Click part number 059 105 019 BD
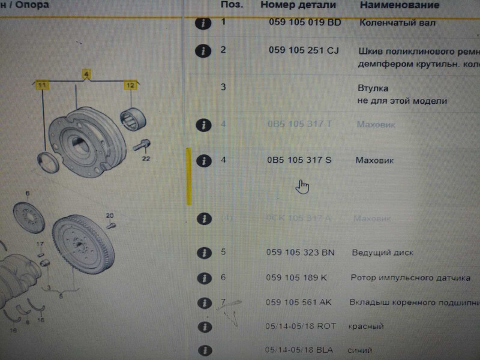[304, 23]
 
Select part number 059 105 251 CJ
[304, 50]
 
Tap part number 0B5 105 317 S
[299, 160]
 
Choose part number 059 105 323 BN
[300, 253]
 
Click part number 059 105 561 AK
[298, 302]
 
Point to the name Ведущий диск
[382, 253]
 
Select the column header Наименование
[400, 5]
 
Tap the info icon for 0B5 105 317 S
[205, 161]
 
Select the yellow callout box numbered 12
[130, 86]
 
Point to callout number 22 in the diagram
[146, 159]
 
